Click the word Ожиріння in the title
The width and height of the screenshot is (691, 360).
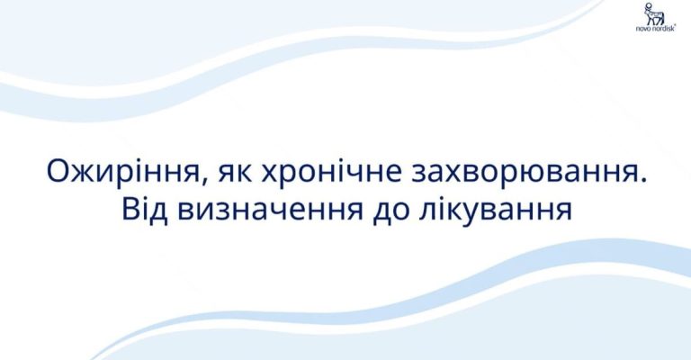[x=123, y=172]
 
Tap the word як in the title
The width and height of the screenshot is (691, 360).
[x=235, y=175]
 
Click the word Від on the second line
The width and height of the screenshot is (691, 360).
[x=145, y=210]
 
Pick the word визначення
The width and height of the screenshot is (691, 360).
[x=271, y=211]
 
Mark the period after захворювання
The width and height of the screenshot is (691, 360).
[x=645, y=181]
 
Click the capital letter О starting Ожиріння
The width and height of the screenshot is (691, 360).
[x=58, y=171]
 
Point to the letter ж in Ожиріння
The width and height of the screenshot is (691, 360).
[x=86, y=174]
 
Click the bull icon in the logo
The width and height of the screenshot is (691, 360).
[x=654, y=14]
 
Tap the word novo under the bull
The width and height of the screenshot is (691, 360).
[x=643, y=29]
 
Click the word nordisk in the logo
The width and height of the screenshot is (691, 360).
[x=664, y=29]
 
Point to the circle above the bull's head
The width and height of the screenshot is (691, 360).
[x=648, y=5]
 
